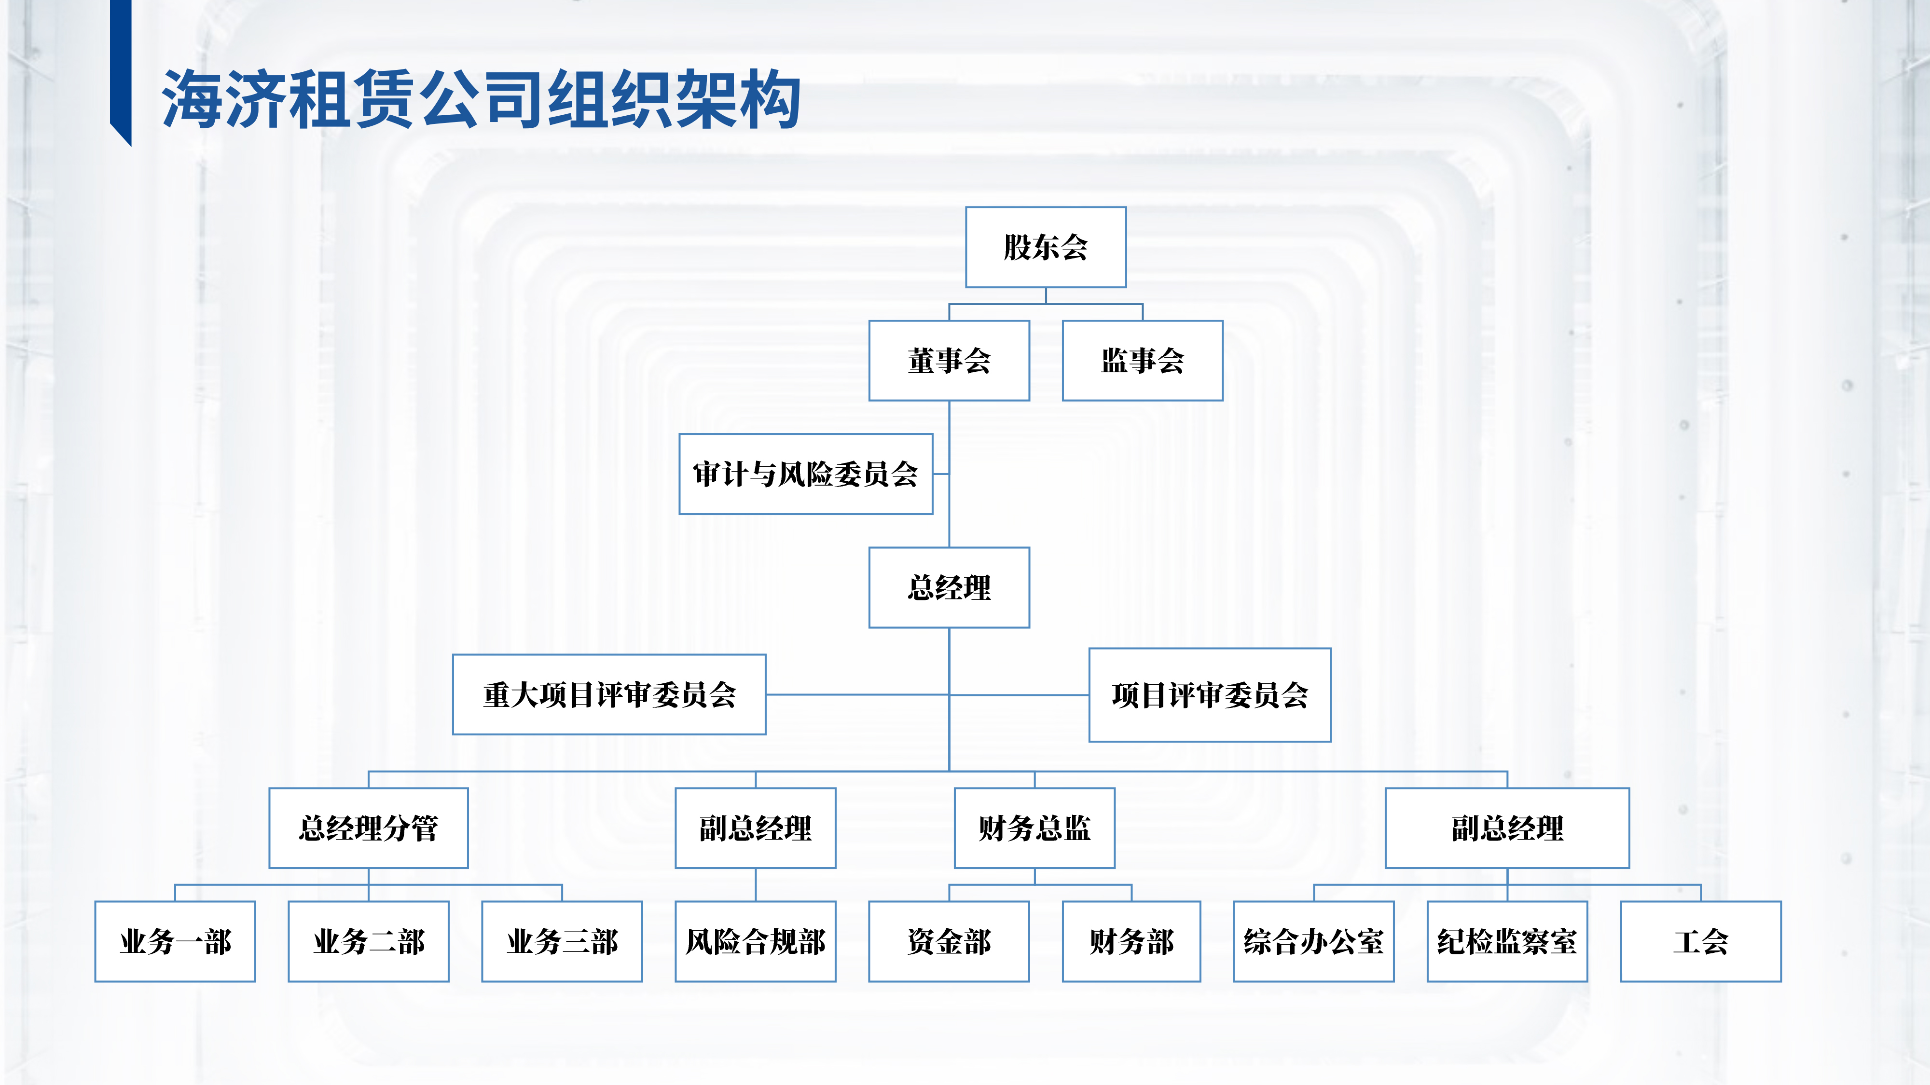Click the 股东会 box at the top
(x=1045, y=247)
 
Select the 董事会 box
(x=949, y=361)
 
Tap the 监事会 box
(x=1142, y=361)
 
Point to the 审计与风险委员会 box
(x=805, y=474)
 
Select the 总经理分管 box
(x=368, y=828)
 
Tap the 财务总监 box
(x=1034, y=828)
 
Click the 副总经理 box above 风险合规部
(x=755, y=828)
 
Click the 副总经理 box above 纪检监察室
(x=1507, y=828)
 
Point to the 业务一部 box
(x=175, y=942)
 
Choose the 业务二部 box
(x=368, y=942)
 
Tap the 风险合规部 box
(x=755, y=942)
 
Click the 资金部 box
(x=949, y=942)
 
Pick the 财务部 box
(x=1130, y=942)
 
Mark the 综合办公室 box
(x=1313, y=942)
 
